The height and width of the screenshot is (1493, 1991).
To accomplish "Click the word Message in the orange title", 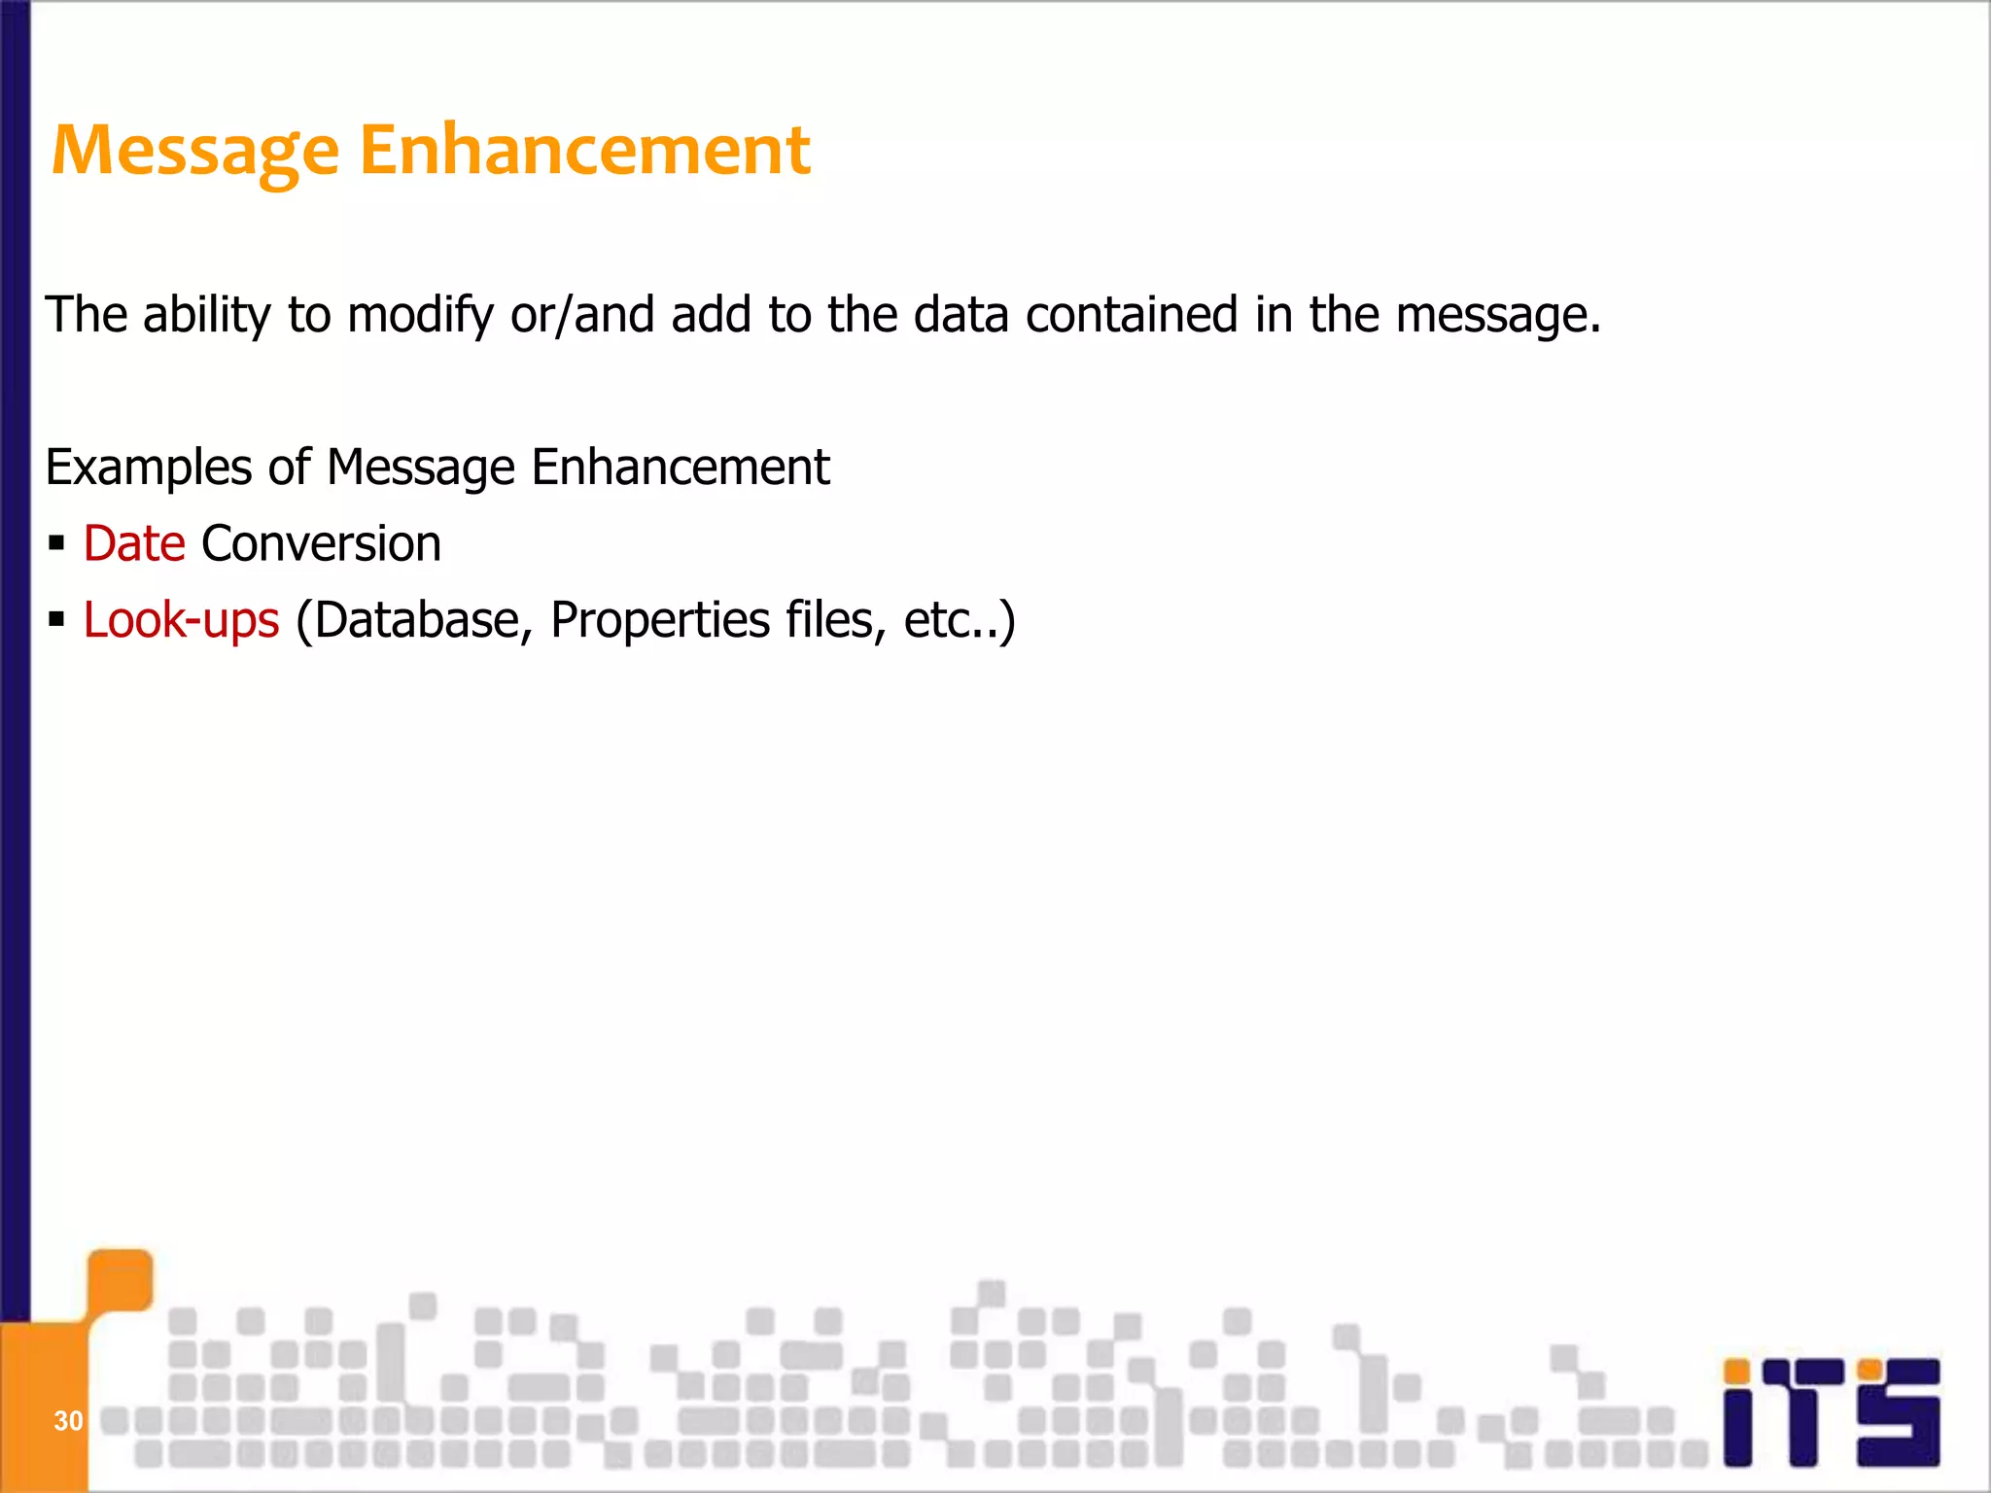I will coord(194,152).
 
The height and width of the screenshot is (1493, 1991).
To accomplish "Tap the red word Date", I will coord(134,543).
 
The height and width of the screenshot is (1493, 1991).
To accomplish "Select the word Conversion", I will coord(321,543).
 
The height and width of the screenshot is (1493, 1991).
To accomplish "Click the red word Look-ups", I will coord(182,620).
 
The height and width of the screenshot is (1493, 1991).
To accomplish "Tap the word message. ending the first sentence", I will coord(1497,316).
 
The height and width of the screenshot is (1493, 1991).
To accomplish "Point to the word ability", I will coord(207,316).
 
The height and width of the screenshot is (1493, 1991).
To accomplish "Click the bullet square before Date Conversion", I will coord(56,542).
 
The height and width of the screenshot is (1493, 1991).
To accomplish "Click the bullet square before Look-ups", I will coord(56,619).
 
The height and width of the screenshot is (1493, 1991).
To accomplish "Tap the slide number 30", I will coord(68,1421).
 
